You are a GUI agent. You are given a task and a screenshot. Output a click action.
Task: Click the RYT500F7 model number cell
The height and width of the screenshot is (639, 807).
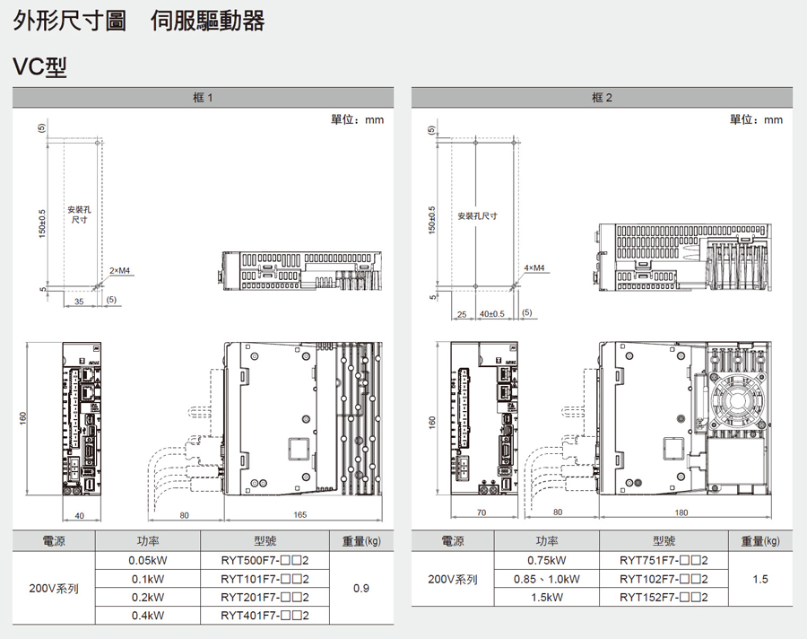pos(265,560)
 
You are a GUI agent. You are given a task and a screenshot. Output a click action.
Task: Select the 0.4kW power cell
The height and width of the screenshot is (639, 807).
pos(147,616)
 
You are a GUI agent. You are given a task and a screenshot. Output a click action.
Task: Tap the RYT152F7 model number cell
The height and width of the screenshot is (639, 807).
pos(664,598)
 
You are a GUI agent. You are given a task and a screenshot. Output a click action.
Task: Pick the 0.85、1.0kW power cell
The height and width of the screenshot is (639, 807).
pos(546,579)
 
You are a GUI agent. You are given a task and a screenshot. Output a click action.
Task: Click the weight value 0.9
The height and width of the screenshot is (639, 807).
pos(361,588)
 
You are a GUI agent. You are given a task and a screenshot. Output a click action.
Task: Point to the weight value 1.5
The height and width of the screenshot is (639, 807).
pos(760,579)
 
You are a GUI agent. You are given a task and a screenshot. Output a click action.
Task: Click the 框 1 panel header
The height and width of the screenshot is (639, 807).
pos(203,97)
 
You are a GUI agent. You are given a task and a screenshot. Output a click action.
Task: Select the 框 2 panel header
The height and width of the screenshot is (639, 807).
pos(602,97)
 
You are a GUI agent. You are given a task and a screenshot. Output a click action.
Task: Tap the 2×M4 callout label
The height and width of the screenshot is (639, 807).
pos(119,270)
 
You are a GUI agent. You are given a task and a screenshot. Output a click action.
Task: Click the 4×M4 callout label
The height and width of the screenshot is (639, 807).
pos(534,267)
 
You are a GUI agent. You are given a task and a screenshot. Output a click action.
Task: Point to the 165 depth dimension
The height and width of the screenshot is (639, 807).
pos(300,514)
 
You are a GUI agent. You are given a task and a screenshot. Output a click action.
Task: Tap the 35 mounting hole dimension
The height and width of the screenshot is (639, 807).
pos(79,302)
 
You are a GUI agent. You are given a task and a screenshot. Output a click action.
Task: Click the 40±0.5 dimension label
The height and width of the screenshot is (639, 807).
pos(491,313)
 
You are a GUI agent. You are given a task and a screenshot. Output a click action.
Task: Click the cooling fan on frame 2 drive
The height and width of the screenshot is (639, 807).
pos(738,402)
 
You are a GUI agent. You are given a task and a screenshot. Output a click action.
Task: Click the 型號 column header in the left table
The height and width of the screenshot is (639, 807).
pos(265,541)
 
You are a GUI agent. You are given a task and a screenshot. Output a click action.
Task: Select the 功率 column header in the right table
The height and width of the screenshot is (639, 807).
pos(546,541)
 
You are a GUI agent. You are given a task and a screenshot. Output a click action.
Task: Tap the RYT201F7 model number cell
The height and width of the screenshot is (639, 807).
pos(265,598)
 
